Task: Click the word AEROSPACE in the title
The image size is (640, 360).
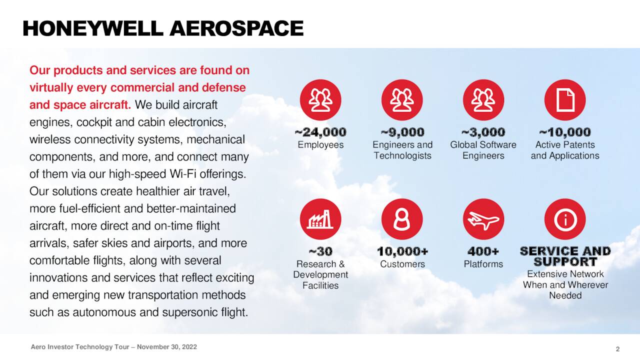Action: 236,28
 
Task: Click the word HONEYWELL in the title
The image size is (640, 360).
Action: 93,28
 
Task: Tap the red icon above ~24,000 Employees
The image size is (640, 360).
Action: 320,100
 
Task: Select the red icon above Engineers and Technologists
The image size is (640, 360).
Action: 402,100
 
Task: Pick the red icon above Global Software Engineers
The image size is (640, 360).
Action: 483,100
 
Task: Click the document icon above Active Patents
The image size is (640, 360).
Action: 565,100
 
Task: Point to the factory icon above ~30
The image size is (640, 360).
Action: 320,219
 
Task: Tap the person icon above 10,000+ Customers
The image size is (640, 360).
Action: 402,219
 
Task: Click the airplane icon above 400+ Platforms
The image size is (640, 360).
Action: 483,219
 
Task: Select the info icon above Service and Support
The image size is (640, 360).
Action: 565,219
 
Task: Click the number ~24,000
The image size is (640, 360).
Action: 320,132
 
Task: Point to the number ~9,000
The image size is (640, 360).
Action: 402,132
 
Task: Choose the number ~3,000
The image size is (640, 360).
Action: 483,132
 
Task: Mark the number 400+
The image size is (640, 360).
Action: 483,251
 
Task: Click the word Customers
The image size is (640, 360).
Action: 402,264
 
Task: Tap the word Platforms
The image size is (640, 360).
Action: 483,264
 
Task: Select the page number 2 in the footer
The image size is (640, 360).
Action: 618,348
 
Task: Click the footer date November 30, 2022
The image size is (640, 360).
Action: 167,347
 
